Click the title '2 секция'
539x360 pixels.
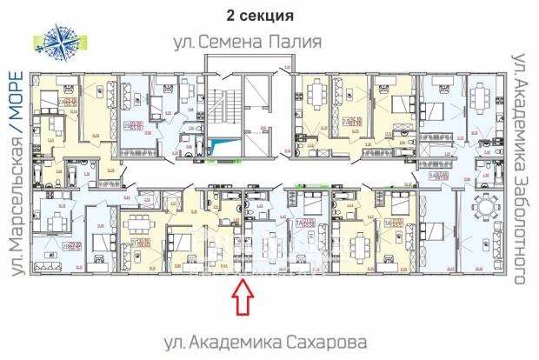click(x=259, y=16)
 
